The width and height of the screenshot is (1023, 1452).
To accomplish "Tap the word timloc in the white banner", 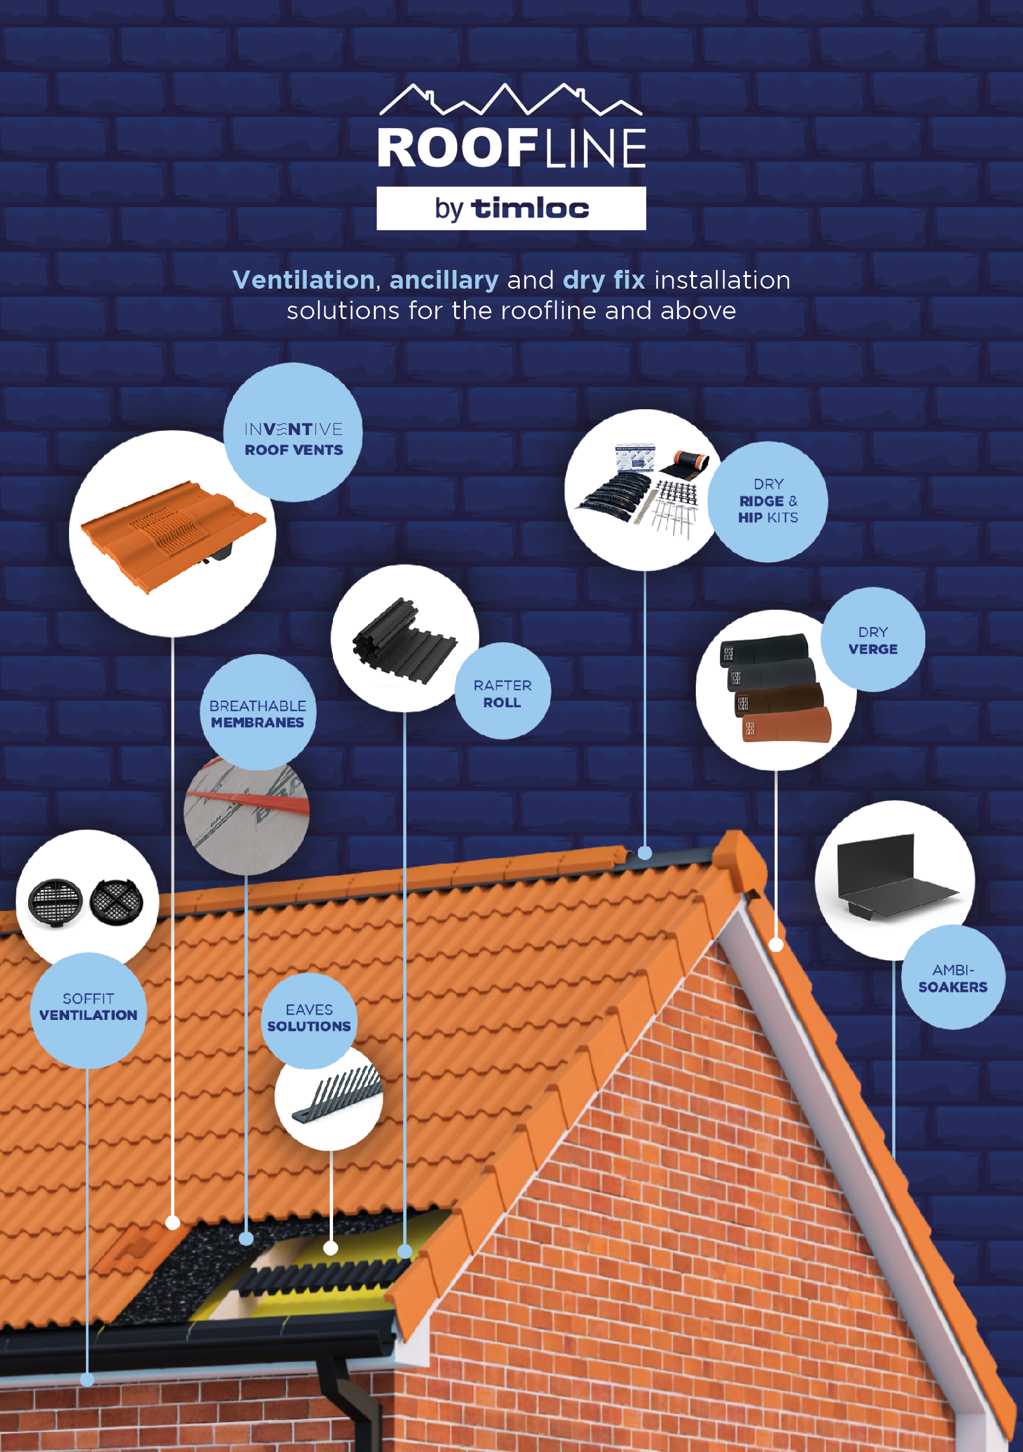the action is pos(530,208).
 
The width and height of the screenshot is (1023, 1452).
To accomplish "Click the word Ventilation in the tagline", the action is pos(304,279).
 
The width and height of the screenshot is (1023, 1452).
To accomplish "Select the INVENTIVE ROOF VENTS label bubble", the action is pos(293,433).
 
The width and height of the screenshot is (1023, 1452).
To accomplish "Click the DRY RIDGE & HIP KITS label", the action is pos(768,502).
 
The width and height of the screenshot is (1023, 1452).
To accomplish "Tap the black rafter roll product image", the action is pos(404,641).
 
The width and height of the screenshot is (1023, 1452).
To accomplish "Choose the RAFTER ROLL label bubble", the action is pos(503,691).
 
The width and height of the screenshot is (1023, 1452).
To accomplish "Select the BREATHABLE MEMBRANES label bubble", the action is pos(258,713).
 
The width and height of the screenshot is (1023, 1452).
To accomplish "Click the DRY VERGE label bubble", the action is pos(873,639).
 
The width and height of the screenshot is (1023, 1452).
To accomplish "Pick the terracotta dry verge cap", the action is pos(787,725).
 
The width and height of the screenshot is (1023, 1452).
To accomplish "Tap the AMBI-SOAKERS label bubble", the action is pos(953,977).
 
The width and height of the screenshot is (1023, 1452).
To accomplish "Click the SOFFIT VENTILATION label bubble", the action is pos(88,1011).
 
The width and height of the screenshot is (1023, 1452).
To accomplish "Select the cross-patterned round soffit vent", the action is pos(116,902).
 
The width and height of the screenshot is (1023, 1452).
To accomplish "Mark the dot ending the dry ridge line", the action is pos(644,852).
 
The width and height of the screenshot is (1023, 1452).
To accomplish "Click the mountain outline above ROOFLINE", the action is pos(511,100).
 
